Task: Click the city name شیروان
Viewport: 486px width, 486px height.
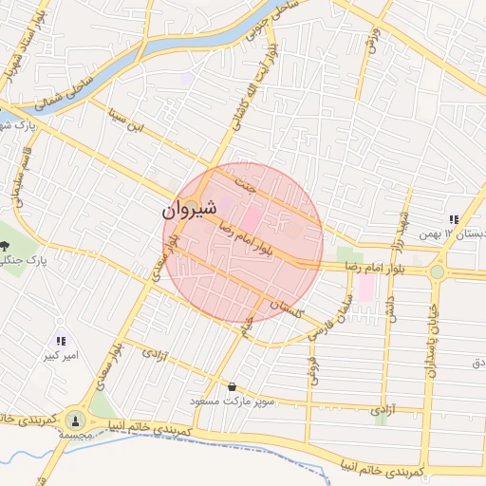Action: pos(190,208)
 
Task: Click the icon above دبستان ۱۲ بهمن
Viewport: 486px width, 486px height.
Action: pos(454,219)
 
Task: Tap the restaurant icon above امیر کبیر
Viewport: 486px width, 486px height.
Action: pos(60,341)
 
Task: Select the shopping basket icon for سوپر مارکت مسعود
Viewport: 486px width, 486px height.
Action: pos(233,386)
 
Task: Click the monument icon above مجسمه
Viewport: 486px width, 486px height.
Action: pos(74,420)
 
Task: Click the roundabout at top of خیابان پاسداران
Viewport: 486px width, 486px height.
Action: pos(437,272)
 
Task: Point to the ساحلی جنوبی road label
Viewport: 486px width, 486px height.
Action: pos(281,23)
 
